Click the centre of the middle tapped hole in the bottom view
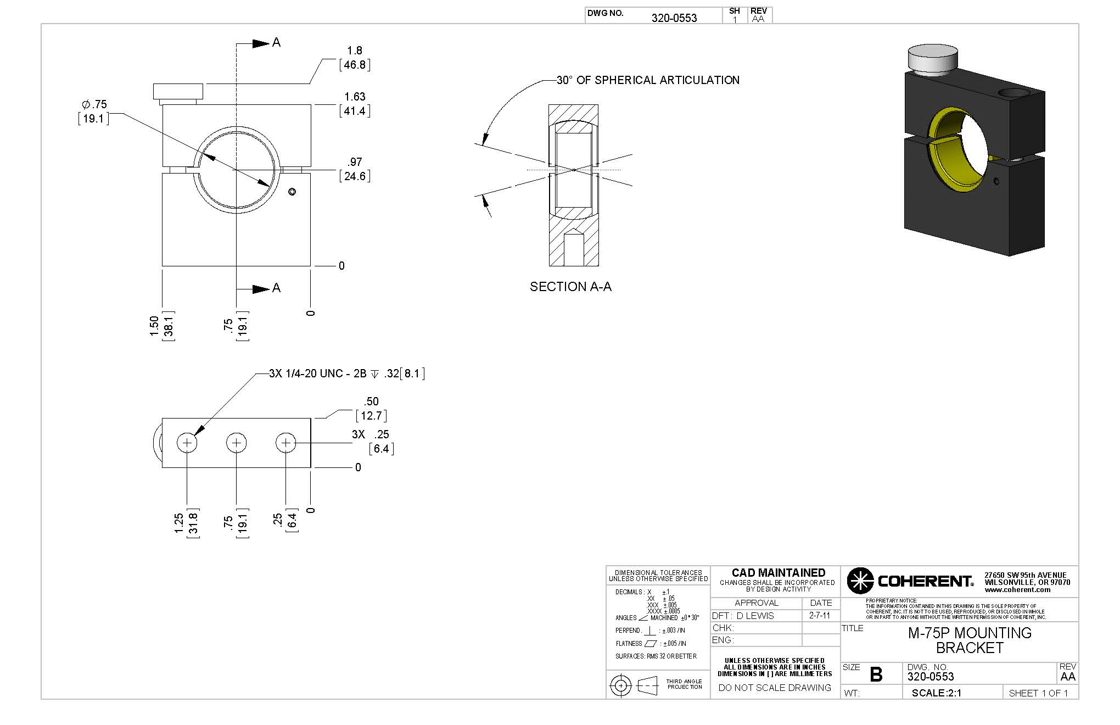click(237, 442)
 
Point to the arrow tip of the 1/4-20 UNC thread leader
click(194, 435)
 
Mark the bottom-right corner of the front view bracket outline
click(311, 266)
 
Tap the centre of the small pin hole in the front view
click(292, 191)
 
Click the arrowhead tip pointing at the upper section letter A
click(270, 43)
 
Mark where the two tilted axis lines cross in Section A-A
click(574, 170)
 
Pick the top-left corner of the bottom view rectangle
click(162, 419)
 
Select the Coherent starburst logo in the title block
click(860, 581)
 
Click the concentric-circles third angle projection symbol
click(621, 685)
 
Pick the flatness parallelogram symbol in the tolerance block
click(651, 643)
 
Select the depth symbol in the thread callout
click(374, 374)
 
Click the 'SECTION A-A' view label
click(570, 287)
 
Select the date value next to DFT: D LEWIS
click(820, 616)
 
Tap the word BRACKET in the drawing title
click(970, 648)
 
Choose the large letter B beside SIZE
click(876, 674)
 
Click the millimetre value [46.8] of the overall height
click(355, 65)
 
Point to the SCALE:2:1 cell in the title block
click(937, 693)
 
